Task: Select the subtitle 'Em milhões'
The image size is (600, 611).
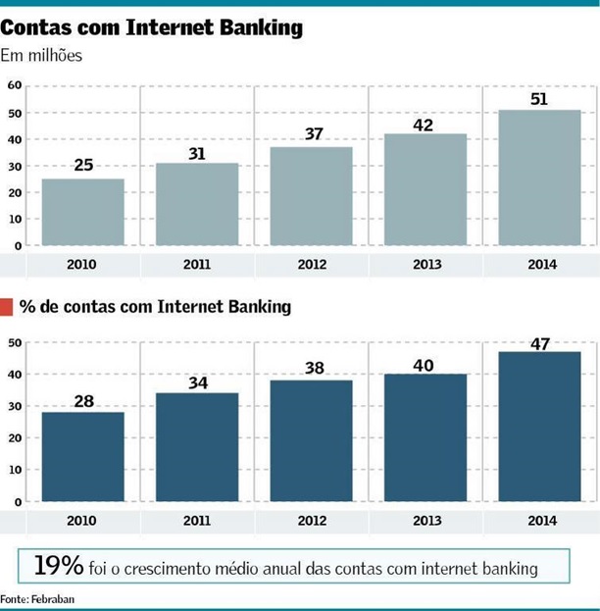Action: (x=41, y=56)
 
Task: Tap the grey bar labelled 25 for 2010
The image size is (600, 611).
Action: (x=83, y=211)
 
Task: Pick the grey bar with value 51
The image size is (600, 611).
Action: (x=539, y=177)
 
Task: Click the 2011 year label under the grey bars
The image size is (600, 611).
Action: (x=197, y=265)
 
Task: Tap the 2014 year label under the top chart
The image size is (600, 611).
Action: (x=539, y=265)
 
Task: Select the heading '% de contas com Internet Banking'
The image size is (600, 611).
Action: (x=155, y=308)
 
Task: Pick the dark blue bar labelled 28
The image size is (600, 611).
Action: (x=83, y=456)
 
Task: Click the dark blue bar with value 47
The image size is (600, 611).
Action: (x=539, y=426)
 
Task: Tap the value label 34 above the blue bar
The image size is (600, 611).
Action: (x=197, y=380)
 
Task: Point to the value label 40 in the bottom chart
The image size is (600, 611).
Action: (x=425, y=361)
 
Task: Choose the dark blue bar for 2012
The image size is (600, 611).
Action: (x=311, y=440)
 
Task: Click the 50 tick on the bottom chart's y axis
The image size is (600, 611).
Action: (x=15, y=342)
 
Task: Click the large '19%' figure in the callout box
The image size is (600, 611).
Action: (x=58, y=566)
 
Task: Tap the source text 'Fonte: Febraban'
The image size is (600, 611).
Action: (x=37, y=598)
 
